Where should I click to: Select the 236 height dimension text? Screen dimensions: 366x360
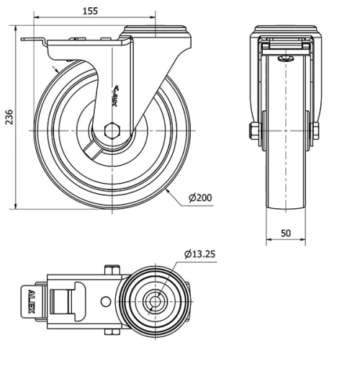coord(9,117)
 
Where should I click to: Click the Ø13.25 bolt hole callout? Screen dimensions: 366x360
coord(202,254)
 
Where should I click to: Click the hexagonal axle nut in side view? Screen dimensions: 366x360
coord(112,130)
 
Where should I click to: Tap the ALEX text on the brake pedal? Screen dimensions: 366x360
coord(30,301)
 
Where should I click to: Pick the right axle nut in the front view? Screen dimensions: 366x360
coord(315,130)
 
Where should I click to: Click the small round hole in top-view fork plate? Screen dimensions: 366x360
coord(105,301)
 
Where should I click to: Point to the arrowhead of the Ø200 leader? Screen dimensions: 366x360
coord(168,190)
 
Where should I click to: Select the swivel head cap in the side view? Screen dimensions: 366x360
coord(156,31)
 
